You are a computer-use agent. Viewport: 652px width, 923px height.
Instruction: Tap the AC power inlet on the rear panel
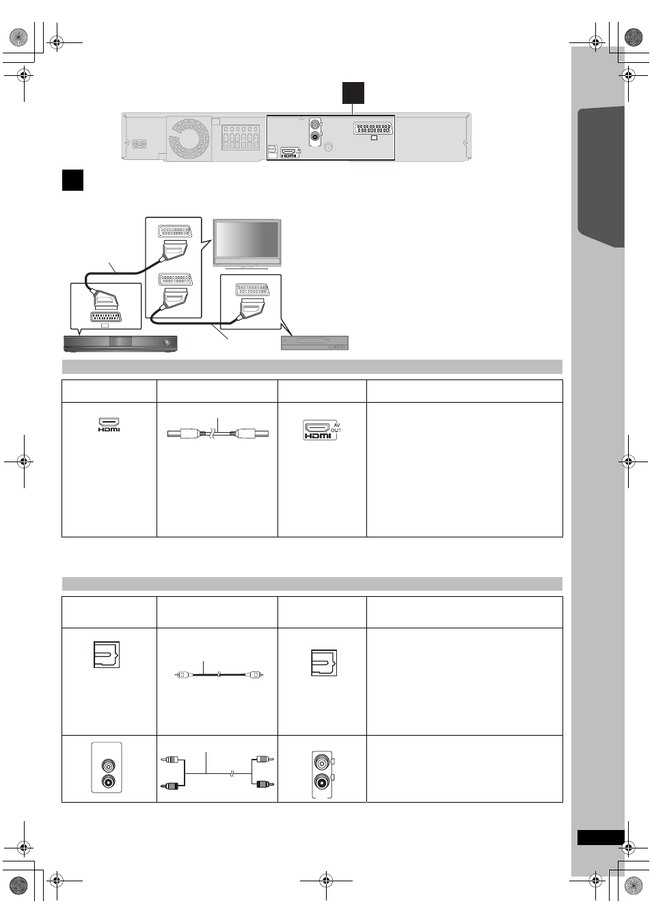coord(139,144)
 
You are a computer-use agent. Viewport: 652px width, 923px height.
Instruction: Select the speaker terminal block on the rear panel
coord(241,137)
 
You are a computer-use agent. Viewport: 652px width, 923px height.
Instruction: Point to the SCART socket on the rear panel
coord(372,128)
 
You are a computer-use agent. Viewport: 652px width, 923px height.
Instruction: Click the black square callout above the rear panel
coord(353,93)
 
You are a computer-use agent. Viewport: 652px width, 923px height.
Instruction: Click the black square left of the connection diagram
coord(72,180)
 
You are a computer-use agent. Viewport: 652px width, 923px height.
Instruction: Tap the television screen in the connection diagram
coord(247,239)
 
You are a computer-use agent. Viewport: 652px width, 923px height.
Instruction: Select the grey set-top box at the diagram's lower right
coord(314,343)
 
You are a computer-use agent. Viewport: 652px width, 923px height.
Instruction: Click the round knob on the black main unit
coord(167,342)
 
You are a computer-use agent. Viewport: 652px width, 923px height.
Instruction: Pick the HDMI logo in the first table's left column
coord(109,425)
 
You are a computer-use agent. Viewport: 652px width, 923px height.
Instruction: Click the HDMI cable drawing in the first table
coord(218,433)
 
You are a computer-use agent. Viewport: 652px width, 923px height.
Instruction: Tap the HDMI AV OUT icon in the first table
coord(322,430)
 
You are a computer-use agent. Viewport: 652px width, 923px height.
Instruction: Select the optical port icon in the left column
coord(106,654)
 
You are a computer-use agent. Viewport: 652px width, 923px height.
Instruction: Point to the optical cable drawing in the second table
coord(219,675)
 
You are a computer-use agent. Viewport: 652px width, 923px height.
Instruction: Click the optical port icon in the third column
coord(324,663)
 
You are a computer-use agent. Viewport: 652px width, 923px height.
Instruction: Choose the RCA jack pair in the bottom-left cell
coord(107,768)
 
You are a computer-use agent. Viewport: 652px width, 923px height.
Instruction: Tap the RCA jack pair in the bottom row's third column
coord(323,774)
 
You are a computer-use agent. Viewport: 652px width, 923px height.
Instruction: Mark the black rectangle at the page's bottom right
coord(601,838)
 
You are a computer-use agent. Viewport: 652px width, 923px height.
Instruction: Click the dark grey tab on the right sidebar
coord(601,177)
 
